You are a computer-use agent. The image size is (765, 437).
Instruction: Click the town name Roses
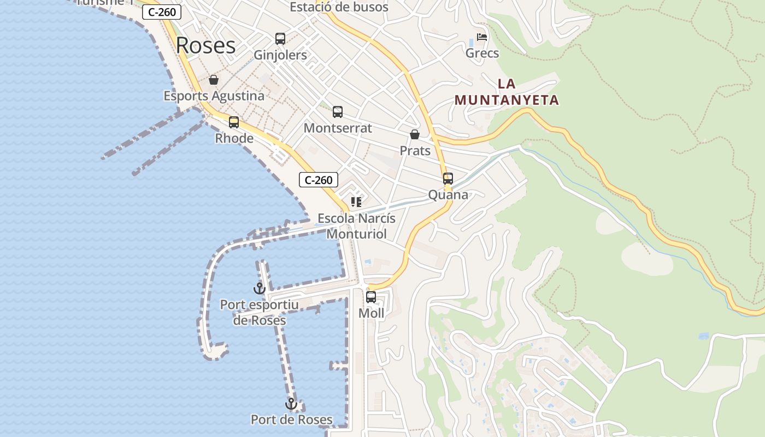205,45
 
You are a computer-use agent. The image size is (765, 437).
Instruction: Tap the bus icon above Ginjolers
280,39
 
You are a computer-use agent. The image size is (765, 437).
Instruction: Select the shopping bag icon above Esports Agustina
214,80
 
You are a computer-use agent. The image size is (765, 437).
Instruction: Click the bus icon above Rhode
234,122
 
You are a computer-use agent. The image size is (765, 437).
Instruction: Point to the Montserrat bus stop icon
338,112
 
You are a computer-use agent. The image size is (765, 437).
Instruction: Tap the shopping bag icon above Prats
415,134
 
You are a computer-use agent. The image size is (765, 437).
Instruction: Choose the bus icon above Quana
448,179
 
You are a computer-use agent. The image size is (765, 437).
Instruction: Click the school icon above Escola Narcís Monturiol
356,202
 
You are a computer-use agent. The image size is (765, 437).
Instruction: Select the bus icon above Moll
371,297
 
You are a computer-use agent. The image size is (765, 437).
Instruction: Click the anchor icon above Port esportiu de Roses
259,288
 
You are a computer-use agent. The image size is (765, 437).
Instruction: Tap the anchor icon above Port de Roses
291,404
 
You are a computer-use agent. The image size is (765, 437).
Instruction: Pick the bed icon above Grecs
482,37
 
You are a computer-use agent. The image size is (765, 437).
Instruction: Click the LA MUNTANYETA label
507,92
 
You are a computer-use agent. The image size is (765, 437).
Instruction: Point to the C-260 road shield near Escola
319,180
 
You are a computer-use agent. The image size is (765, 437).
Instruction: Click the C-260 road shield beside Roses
162,12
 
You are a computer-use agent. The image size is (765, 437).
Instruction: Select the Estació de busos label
339,7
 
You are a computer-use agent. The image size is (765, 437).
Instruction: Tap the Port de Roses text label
291,420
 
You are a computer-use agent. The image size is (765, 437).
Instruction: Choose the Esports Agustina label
214,96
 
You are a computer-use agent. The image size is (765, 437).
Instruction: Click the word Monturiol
356,234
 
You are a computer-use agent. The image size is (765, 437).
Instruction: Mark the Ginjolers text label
280,55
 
